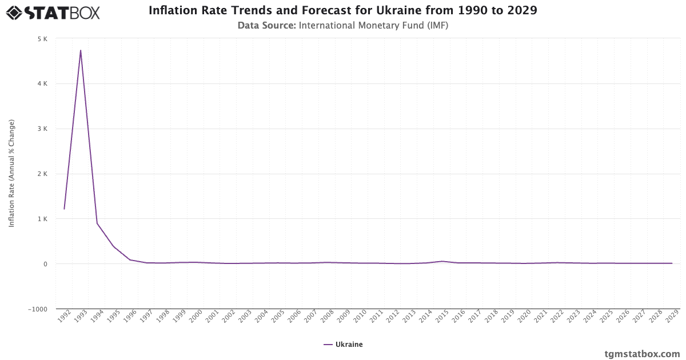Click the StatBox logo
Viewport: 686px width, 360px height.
click(x=53, y=12)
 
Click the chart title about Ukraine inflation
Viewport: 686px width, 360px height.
click(x=342, y=10)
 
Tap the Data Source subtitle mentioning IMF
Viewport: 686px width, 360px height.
click(x=342, y=25)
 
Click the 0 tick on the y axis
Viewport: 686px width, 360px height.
click(x=45, y=264)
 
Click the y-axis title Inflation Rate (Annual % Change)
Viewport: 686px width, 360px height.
click(x=11, y=174)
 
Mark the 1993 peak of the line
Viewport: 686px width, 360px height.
click(x=81, y=50)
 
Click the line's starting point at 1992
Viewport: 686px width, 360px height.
click(x=64, y=209)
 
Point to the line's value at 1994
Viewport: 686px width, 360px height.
click(x=97, y=223)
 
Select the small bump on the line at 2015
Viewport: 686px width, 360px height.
click(x=442, y=261)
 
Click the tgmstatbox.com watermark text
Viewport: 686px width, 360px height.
click(x=642, y=354)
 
